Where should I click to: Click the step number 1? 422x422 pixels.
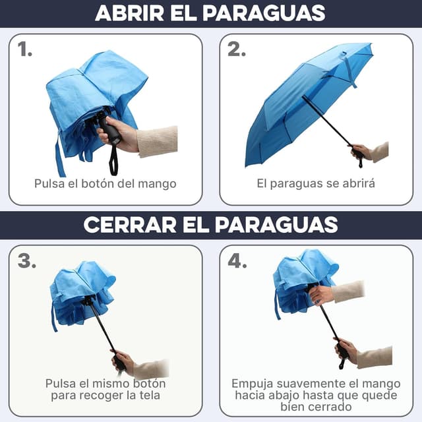(x=25, y=49)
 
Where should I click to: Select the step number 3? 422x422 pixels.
(x=27, y=261)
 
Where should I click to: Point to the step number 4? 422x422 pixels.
(x=237, y=261)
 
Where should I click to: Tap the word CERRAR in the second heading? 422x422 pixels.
(x=126, y=224)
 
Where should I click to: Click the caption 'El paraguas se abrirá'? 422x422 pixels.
(x=316, y=183)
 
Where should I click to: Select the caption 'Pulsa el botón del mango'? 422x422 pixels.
(x=105, y=183)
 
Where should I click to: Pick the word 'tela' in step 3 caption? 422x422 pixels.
(x=146, y=396)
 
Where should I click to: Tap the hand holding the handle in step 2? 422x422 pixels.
(x=360, y=151)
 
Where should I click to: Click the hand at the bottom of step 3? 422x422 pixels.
(x=123, y=361)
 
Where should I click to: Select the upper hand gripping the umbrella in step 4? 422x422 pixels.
(x=322, y=294)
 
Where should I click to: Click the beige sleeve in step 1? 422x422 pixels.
(x=158, y=140)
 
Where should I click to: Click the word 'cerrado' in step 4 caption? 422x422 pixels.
(x=327, y=407)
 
